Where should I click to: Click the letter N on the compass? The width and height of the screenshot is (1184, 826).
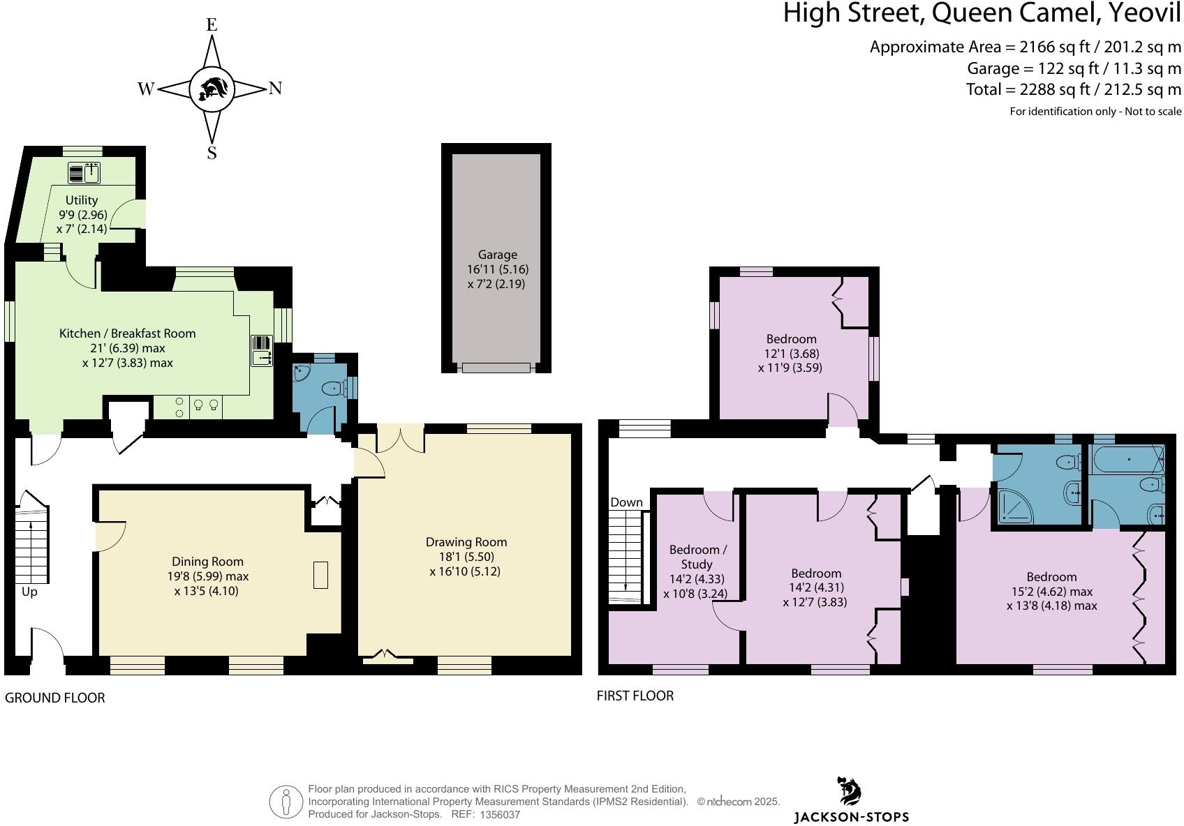pyautogui.click(x=275, y=89)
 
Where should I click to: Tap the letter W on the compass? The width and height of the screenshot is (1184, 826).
pyautogui.click(x=145, y=89)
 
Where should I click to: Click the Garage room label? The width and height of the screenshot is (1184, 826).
pyautogui.click(x=497, y=255)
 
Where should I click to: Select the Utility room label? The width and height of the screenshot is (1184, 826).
pyautogui.click(x=82, y=200)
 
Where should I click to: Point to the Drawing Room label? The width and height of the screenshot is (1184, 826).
pyautogui.click(x=466, y=542)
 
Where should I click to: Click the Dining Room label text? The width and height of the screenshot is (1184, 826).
pyautogui.click(x=207, y=562)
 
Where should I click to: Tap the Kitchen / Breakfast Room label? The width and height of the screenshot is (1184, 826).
pyautogui.click(x=127, y=333)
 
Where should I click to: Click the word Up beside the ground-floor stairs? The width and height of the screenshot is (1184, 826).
pyautogui.click(x=29, y=592)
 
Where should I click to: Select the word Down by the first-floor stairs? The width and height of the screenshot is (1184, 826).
pyautogui.click(x=626, y=502)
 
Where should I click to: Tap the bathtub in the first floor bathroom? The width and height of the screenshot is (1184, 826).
pyautogui.click(x=1125, y=460)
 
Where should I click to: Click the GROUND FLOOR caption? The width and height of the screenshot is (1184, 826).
pyautogui.click(x=54, y=698)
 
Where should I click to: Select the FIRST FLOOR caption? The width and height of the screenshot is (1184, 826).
pyautogui.click(x=635, y=696)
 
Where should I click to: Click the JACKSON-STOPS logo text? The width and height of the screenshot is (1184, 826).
pyautogui.click(x=851, y=816)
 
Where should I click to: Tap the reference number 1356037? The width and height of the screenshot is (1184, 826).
pyautogui.click(x=499, y=814)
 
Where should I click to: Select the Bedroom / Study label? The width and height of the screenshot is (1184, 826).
pyautogui.click(x=695, y=557)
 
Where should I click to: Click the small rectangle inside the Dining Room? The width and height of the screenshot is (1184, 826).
pyautogui.click(x=320, y=575)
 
